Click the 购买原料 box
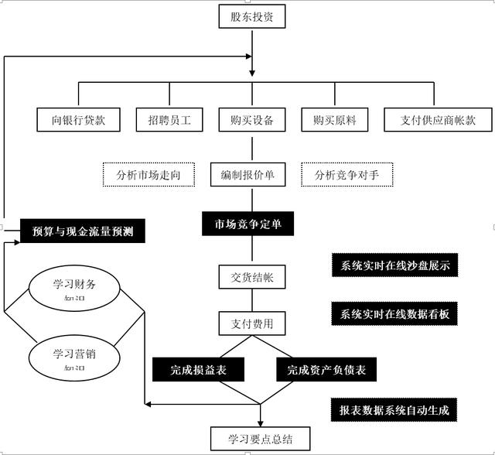334,120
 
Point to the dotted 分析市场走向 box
148,175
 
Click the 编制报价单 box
247,175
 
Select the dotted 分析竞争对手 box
346,175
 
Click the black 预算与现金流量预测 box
82,231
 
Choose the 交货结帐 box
247,276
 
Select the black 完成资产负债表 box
326,370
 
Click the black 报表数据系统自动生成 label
393,409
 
